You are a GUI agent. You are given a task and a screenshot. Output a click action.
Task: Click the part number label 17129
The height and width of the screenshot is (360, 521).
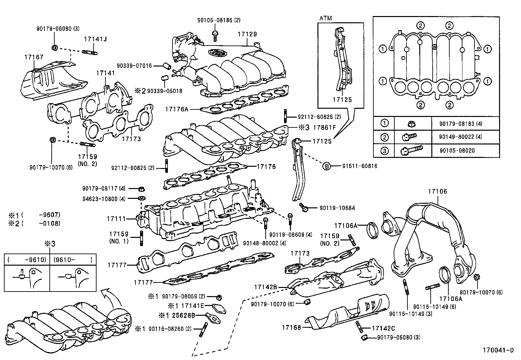point(247,34)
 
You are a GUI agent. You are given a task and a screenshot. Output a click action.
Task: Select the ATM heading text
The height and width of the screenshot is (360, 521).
point(325,18)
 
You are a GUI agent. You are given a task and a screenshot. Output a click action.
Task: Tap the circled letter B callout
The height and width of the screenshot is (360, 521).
point(326,166)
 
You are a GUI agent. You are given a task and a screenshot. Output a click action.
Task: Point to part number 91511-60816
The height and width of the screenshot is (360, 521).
point(360,166)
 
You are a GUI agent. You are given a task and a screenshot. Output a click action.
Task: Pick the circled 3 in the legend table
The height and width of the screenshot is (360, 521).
point(385,151)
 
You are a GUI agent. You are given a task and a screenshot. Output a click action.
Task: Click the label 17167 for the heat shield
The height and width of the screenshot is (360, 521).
point(34,57)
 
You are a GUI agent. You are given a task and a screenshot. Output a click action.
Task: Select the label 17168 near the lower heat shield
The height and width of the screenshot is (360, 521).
point(291,327)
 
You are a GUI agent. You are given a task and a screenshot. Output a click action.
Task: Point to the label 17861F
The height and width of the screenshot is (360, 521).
point(325,127)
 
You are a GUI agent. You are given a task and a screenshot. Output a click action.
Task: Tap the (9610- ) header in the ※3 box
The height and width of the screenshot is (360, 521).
point(73,260)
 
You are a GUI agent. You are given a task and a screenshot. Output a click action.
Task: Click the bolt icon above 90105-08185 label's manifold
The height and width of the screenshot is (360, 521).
point(215,34)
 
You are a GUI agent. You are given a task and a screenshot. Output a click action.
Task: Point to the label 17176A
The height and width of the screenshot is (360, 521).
point(177,109)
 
